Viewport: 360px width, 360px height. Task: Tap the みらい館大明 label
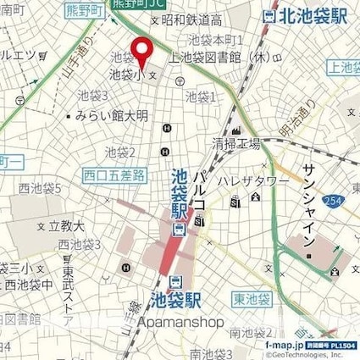click(111, 114)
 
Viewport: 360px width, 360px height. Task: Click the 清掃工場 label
click(236, 144)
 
